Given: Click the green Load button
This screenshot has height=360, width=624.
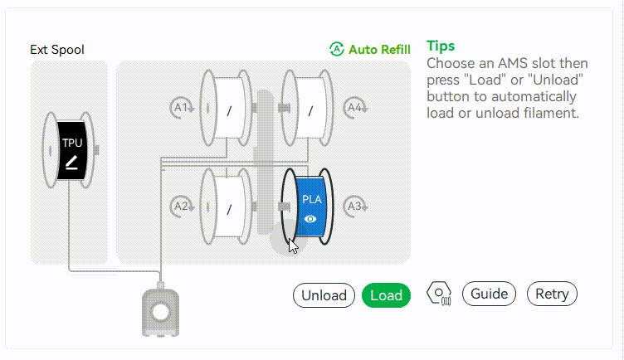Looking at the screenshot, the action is click(x=386, y=295).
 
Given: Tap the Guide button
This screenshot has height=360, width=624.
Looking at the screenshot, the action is click(x=489, y=294).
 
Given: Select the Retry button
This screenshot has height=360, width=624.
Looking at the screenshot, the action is click(x=552, y=294).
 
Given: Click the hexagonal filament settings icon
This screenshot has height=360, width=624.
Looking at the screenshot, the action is click(x=439, y=294).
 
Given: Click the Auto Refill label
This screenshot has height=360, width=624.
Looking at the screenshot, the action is click(x=379, y=50).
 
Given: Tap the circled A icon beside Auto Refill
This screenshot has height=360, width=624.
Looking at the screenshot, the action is click(x=337, y=49).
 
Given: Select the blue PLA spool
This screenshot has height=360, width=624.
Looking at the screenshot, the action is click(x=307, y=207).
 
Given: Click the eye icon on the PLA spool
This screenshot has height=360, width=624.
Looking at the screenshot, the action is click(x=310, y=219).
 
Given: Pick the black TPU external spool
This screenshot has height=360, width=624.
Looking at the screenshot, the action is click(x=68, y=150).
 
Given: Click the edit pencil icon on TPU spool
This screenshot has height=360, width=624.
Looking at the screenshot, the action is click(x=71, y=163).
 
